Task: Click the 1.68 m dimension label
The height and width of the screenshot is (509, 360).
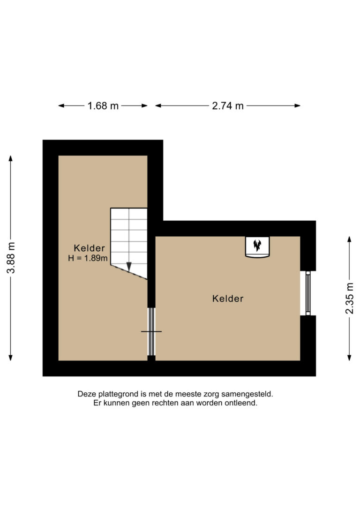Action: (x=103, y=106)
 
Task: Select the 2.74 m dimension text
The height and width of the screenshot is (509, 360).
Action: (x=227, y=106)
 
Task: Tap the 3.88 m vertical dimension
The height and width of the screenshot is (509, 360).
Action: (x=11, y=258)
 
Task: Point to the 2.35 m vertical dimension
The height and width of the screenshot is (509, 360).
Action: (x=349, y=299)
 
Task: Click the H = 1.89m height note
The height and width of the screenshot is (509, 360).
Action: (x=88, y=258)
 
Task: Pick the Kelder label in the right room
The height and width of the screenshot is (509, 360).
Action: (x=228, y=299)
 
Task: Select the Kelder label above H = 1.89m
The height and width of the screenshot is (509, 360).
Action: (x=89, y=248)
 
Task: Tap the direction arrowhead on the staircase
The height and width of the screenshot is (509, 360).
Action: (x=129, y=267)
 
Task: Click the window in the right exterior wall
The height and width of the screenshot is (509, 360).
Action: (x=308, y=293)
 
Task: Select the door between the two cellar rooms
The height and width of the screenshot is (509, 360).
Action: (x=151, y=331)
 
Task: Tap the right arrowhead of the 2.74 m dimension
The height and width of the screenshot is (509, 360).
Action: (x=297, y=105)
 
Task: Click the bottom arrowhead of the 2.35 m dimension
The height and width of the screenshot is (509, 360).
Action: (x=349, y=358)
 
